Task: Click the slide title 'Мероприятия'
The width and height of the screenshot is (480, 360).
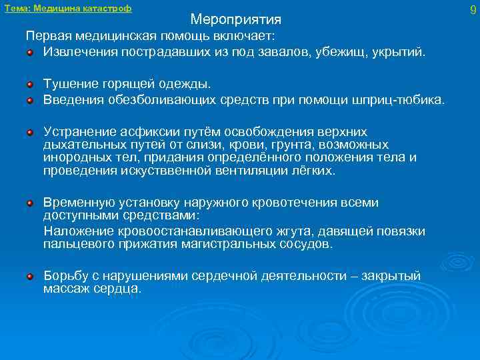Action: tap(235, 19)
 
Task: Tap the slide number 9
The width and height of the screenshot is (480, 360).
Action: tap(473, 10)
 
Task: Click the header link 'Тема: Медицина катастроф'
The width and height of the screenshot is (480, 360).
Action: tap(68, 9)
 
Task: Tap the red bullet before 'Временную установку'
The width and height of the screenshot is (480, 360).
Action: tap(30, 202)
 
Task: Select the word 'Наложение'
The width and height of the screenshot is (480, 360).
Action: tap(75, 231)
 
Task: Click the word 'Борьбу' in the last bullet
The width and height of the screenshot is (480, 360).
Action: tap(64, 275)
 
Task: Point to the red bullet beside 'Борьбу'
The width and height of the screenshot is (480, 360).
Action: tap(30, 275)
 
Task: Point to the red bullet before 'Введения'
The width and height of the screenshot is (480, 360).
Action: tap(30, 99)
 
